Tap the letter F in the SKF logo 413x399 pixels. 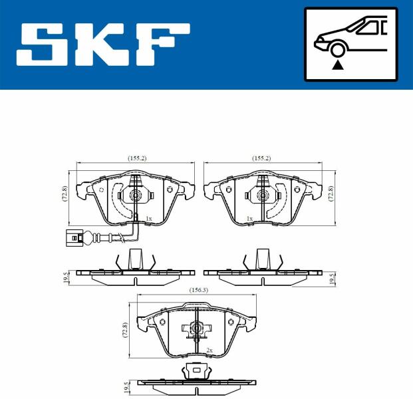pos(164,45)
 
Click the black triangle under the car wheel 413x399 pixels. pos(338,65)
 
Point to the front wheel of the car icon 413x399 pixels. pos(338,50)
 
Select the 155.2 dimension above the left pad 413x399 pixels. pos(137,158)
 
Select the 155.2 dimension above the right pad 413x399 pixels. pos(261,158)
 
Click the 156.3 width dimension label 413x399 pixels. pos(199,290)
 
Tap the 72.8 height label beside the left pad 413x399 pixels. pos(65,194)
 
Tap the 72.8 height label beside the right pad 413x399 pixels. pos(331,194)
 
